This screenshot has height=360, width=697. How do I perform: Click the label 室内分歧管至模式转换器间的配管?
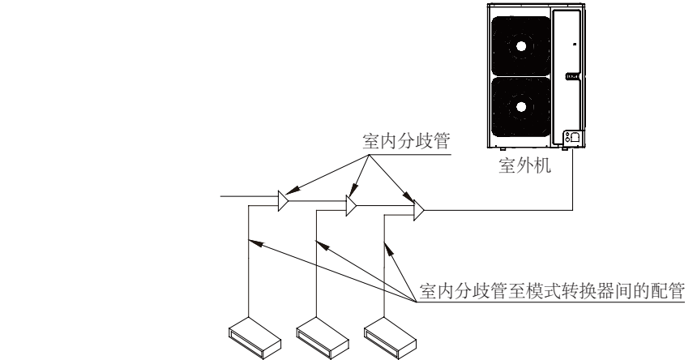pos(554,291)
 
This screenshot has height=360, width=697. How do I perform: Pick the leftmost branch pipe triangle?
pos(283,200)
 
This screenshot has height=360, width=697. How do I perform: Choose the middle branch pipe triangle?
pos(351,206)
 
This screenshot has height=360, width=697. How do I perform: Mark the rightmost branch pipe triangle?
pos(417,212)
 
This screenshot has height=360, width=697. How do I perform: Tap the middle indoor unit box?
pos(319,332)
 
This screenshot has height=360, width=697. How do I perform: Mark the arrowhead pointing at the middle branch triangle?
pos(351,195)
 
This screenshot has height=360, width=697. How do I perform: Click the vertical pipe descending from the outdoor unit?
pos(574,178)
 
